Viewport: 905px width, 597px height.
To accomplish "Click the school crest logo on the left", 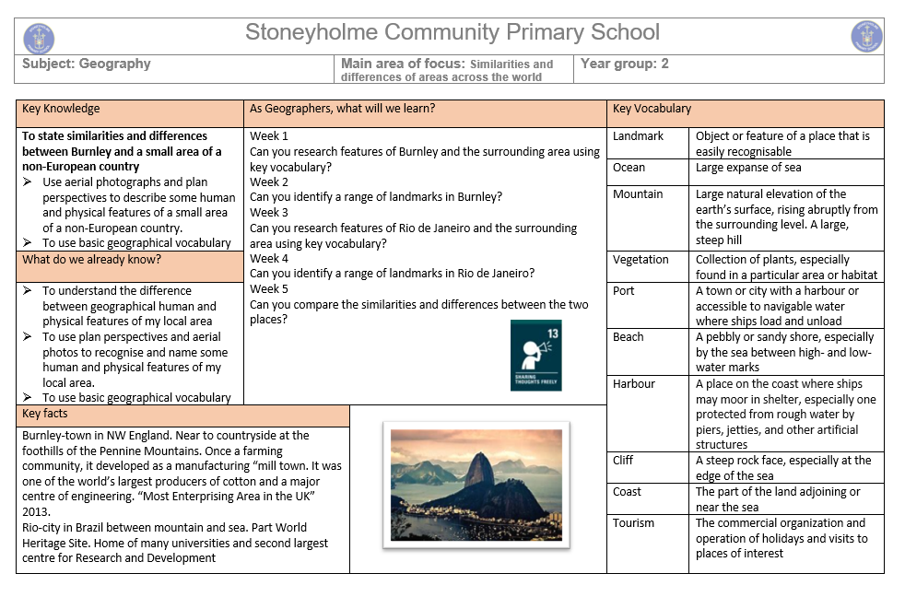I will tap(39, 38).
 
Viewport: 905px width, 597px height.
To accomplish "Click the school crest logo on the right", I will tap(866, 37).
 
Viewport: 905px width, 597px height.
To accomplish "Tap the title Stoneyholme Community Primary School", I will tap(452, 33).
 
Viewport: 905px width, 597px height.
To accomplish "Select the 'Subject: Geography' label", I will tap(87, 64).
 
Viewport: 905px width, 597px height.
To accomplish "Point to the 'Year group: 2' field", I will tap(625, 64).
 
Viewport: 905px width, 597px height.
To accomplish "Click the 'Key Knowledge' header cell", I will tap(61, 109).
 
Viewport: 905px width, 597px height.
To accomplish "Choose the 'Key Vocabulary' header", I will tap(652, 109).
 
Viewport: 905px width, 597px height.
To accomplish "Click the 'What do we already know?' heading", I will tap(91, 260).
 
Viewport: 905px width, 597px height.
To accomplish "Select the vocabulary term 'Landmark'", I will tap(638, 136).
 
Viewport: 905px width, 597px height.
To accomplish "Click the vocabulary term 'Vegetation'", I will tap(641, 260).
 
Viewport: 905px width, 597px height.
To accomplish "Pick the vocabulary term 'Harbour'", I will tap(634, 384).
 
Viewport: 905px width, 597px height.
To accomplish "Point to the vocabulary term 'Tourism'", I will tap(633, 523).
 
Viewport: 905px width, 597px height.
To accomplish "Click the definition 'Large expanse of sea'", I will tap(748, 168).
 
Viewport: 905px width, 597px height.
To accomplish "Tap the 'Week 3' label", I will tap(269, 213).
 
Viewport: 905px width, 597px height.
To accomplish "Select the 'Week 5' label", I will tap(269, 289).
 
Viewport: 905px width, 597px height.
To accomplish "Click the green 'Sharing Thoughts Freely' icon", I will tap(535, 356).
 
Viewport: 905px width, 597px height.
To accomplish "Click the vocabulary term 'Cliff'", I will tap(624, 461).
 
